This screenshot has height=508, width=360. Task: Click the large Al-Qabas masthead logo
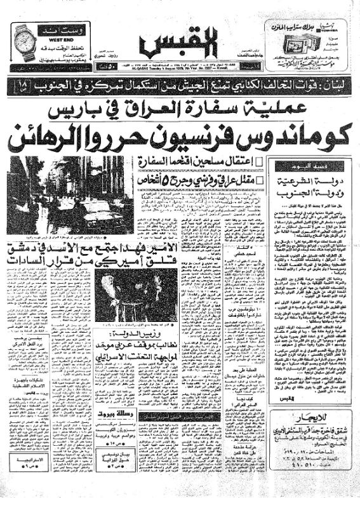coord(180,45)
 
